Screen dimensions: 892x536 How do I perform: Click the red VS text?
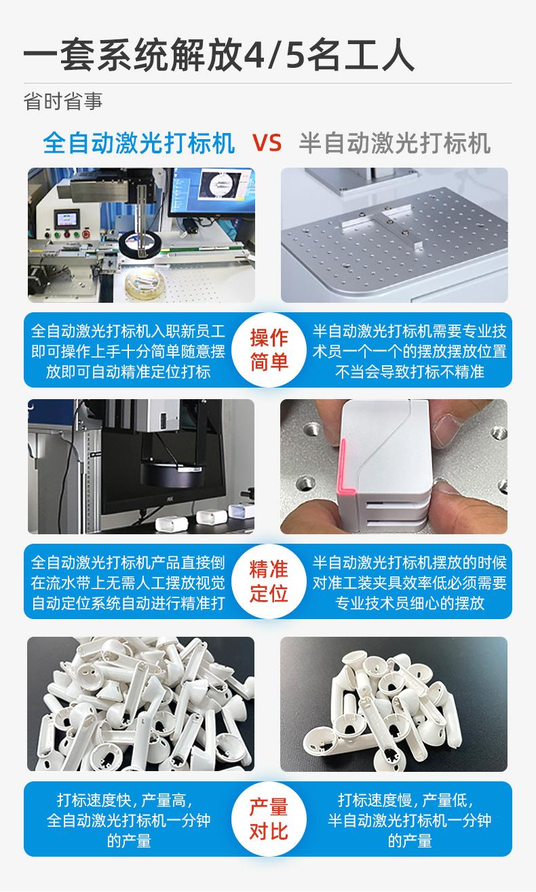(267, 143)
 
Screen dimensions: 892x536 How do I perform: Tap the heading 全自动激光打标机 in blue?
(139, 143)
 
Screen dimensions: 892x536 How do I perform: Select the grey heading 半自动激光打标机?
(395, 143)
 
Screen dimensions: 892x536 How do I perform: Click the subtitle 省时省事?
(63, 101)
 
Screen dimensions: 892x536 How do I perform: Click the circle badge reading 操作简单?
(269, 350)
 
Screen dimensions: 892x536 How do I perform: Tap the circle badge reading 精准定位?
(269, 581)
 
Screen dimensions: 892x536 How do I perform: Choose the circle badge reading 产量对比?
(269, 819)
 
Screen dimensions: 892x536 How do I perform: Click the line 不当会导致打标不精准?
(410, 371)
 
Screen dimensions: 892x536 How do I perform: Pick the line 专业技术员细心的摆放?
(410, 603)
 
